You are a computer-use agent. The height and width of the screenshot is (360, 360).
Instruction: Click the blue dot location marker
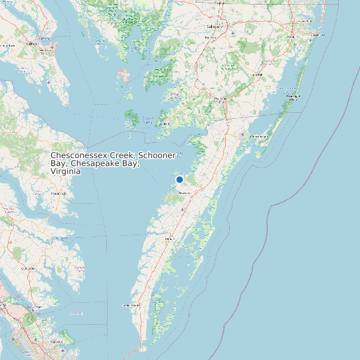tap(179, 180)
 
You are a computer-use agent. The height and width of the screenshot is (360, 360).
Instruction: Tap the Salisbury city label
tap(214, 27)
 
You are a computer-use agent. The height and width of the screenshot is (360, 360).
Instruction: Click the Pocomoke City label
tap(222, 100)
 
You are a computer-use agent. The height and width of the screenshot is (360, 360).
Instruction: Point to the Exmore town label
tap(169, 237)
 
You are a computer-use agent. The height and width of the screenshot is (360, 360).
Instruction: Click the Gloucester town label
tap(28, 268)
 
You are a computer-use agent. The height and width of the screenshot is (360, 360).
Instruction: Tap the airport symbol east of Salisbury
tap(232, 33)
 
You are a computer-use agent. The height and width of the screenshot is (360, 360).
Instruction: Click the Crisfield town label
tap(165, 124)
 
